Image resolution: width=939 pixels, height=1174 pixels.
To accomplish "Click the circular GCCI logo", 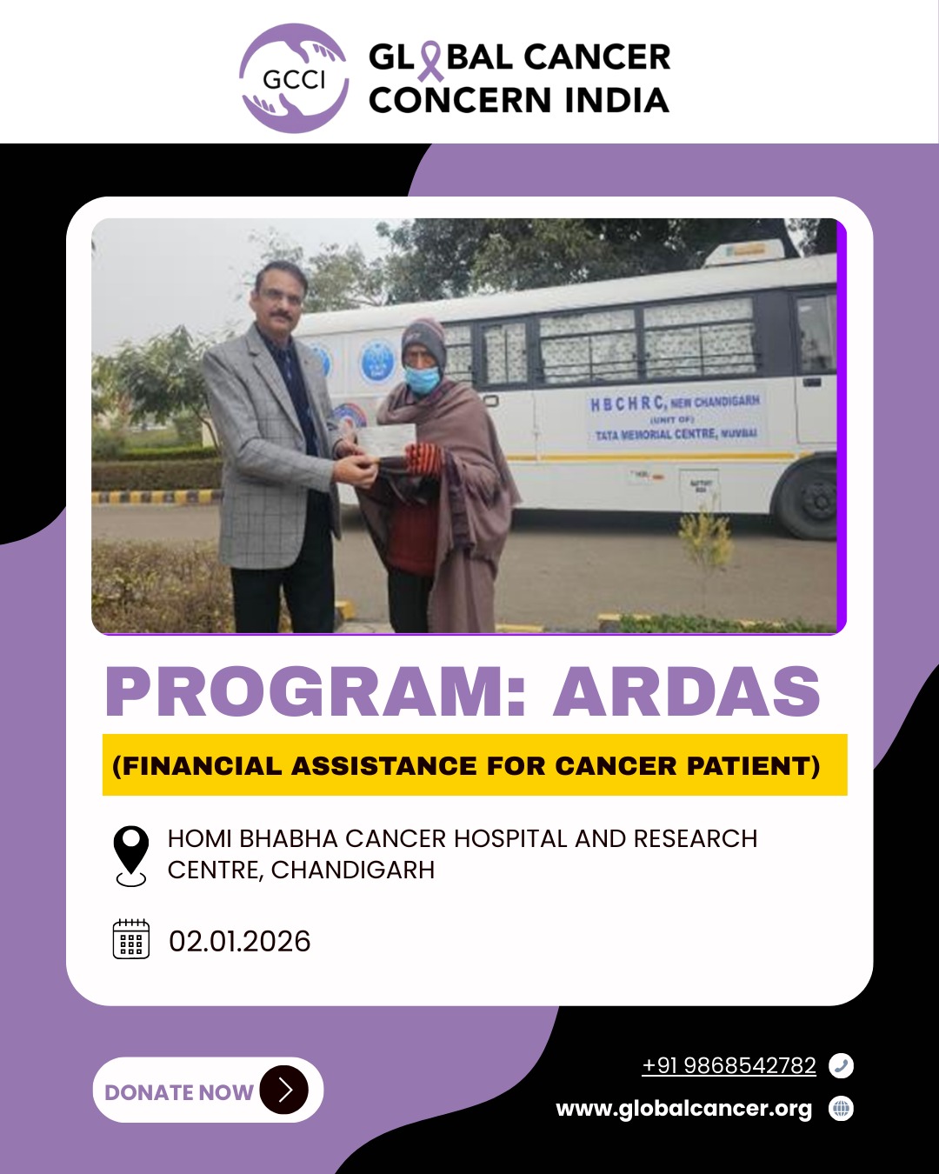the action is click(294, 78).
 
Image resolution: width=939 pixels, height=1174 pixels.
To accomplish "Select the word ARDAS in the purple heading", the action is click(686, 691).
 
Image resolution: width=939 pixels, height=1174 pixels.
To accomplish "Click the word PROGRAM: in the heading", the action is click(316, 691).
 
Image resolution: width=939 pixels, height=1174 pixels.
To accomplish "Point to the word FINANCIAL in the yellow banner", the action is click(202, 765).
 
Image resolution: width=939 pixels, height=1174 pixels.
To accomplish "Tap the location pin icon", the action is click(131, 856).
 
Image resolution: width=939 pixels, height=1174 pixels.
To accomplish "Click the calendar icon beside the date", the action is click(131, 939).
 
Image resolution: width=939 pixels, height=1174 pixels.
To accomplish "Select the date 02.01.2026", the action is click(239, 941).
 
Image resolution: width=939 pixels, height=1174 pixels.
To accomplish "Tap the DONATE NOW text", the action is click(179, 1092).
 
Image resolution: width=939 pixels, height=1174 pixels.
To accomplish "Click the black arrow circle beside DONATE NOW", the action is click(283, 1090).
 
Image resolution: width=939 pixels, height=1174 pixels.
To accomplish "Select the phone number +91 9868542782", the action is click(729, 1065).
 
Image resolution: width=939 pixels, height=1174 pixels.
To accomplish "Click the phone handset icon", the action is click(841, 1065).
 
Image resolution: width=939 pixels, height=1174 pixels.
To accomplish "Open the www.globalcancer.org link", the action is click(683, 1109).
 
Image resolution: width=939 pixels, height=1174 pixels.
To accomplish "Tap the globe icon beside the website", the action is click(841, 1109).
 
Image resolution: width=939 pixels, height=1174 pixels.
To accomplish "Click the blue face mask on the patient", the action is click(421, 379).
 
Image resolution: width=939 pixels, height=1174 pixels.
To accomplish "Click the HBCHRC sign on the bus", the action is click(676, 418).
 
